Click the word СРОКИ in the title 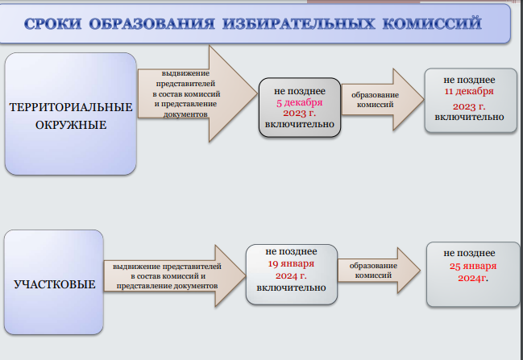click(x=52, y=23)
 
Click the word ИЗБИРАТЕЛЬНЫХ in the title click(x=299, y=23)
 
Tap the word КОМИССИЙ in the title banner click(x=432, y=23)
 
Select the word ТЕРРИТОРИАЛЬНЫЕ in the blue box click(x=71, y=107)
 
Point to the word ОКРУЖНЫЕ click(x=71, y=125)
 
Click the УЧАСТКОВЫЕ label click(x=54, y=284)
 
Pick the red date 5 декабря click(x=300, y=102)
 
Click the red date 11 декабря click(x=469, y=91)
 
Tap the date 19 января click(x=291, y=263)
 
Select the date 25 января click(x=473, y=266)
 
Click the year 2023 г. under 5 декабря click(x=300, y=114)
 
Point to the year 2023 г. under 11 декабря click(x=469, y=106)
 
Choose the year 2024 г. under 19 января click(x=291, y=276)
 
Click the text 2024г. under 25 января click(x=473, y=279)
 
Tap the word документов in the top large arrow click(x=185, y=114)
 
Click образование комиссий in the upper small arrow click(x=375, y=100)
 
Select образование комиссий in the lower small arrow click(x=373, y=271)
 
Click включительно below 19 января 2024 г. click(x=291, y=288)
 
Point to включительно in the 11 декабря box click(x=469, y=118)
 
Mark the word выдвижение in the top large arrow click(x=186, y=73)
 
